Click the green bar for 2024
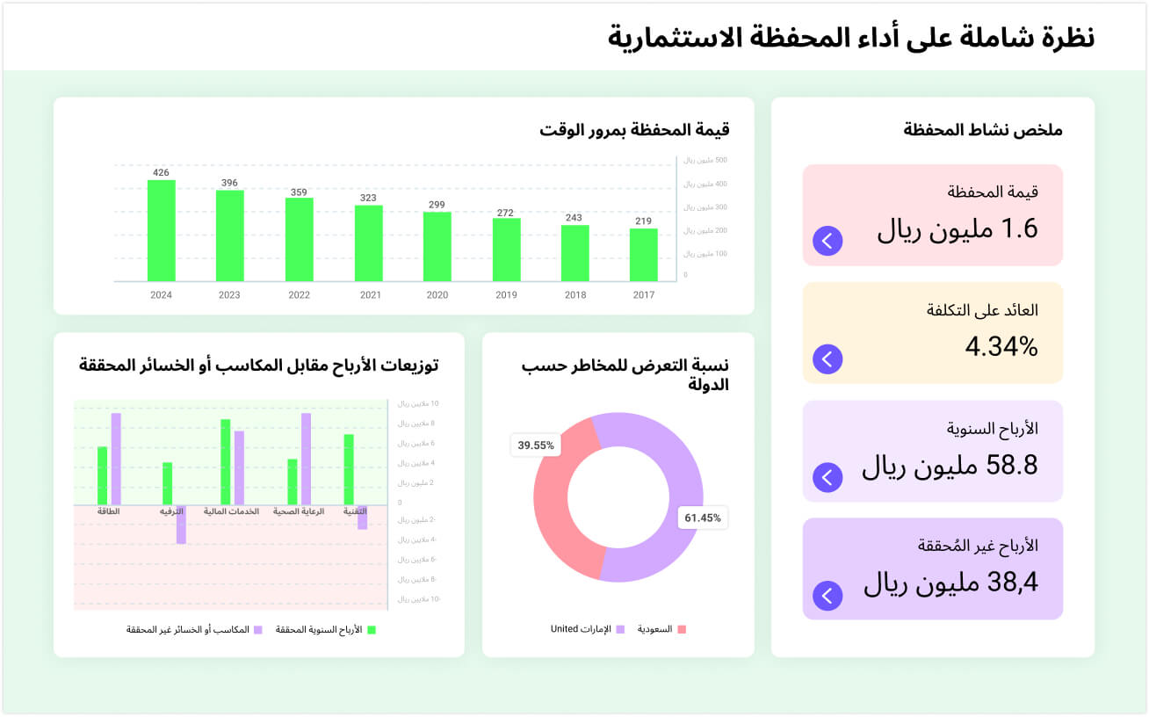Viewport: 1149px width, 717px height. pyautogui.click(x=161, y=230)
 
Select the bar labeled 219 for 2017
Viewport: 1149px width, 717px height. pyautogui.click(x=643, y=255)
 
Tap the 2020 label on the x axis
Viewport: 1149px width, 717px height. pyautogui.click(x=437, y=295)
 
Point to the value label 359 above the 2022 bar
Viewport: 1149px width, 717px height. pyautogui.click(x=299, y=192)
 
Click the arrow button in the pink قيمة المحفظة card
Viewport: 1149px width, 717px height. pyautogui.click(x=827, y=240)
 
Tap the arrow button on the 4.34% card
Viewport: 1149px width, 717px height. pyautogui.click(x=827, y=358)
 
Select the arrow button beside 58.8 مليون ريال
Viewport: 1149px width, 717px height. pyautogui.click(x=827, y=476)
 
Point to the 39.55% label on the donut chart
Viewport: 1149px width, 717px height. pyautogui.click(x=536, y=445)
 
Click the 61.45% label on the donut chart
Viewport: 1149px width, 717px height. pyautogui.click(x=703, y=518)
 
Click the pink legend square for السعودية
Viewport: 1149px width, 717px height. pyautogui.click(x=682, y=629)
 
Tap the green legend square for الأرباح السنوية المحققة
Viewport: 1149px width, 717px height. pyautogui.click(x=371, y=630)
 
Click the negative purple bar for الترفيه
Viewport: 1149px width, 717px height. pyautogui.click(x=181, y=525)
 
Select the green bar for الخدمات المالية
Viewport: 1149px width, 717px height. pyautogui.click(x=226, y=461)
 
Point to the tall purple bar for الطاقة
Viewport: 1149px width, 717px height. pyautogui.click(x=116, y=459)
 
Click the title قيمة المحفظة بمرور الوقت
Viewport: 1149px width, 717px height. pyautogui.click(x=634, y=130)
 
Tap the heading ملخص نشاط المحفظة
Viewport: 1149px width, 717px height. pyautogui.click(x=983, y=130)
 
